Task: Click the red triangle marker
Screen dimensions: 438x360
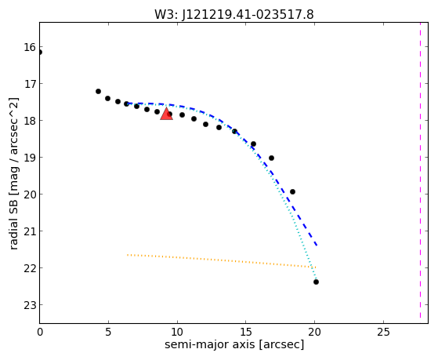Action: (x=166, y=114)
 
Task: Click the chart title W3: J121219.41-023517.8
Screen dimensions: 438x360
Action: (x=234, y=14)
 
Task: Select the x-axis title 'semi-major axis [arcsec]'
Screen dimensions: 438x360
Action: (x=234, y=344)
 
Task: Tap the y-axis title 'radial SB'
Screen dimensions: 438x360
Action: (x=13, y=227)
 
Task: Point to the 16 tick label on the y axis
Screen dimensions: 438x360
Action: (x=30, y=47)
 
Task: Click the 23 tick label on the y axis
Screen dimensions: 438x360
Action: (x=30, y=305)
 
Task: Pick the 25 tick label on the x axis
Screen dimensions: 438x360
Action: (x=383, y=332)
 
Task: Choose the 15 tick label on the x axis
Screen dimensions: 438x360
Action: (x=245, y=332)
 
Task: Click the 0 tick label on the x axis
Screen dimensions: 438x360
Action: (x=40, y=332)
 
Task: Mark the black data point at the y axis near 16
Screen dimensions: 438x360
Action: (x=40, y=53)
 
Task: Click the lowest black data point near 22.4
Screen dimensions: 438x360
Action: (x=316, y=282)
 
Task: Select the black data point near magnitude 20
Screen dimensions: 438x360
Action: (x=292, y=192)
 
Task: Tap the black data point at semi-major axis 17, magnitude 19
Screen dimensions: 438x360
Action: (x=271, y=158)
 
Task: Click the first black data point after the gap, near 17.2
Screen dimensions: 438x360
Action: (x=98, y=92)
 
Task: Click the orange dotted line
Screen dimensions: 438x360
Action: (x=221, y=260)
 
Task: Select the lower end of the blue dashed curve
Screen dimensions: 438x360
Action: (x=317, y=245)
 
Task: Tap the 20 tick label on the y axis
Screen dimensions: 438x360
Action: (x=30, y=195)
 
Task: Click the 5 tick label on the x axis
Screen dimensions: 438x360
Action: (x=108, y=332)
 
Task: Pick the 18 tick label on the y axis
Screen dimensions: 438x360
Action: (x=30, y=121)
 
